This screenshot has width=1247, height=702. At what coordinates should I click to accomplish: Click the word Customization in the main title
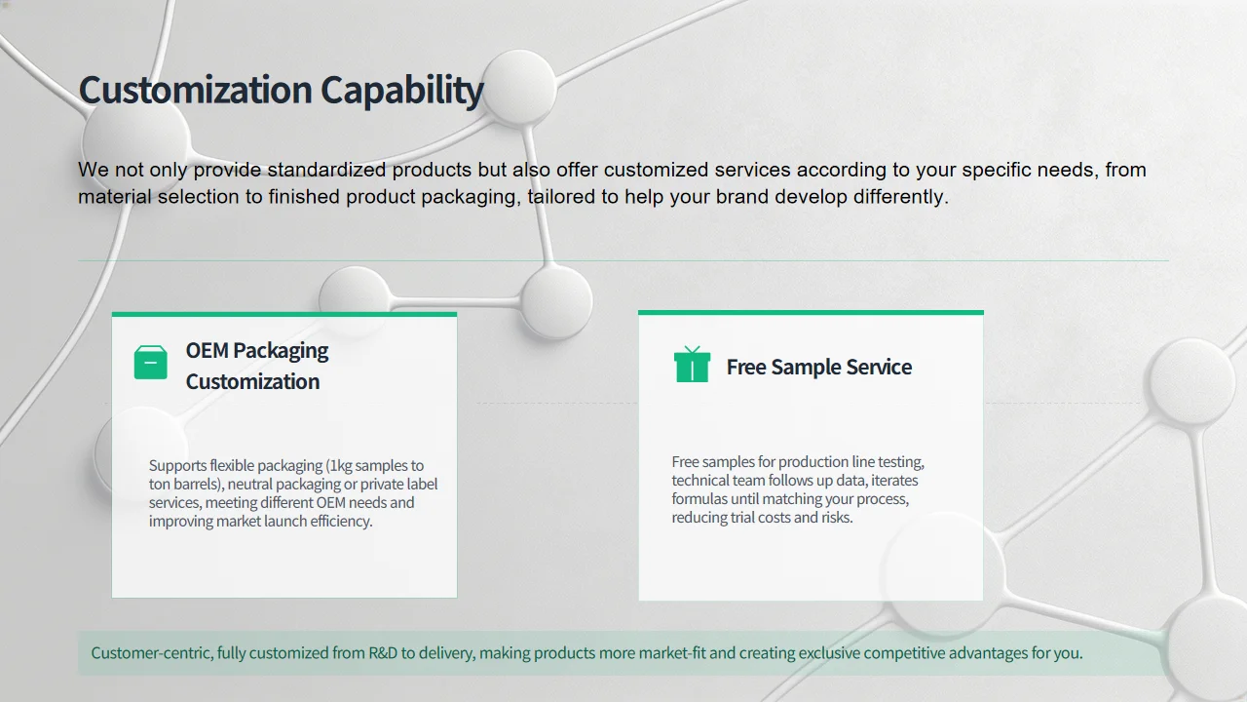[x=196, y=89]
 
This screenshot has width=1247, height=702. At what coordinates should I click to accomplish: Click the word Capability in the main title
[x=402, y=91]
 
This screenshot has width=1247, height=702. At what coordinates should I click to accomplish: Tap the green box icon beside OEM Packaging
[x=150, y=362]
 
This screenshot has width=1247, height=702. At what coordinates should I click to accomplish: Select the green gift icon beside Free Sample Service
[x=692, y=364]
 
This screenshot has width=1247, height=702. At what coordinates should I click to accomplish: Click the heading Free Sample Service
[x=819, y=367]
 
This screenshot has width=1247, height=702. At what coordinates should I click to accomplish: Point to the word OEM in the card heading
[x=207, y=350]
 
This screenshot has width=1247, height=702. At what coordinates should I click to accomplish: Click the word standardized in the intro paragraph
[x=326, y=170]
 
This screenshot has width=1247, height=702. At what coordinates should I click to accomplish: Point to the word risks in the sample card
[x=837, y=517]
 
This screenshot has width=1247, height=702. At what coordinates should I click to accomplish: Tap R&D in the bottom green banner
[x=383, y=652]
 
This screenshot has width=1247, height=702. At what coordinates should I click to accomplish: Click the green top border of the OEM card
[x=284, y=314]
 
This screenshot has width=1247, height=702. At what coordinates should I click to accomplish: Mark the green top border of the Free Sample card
[x=812, y=313]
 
